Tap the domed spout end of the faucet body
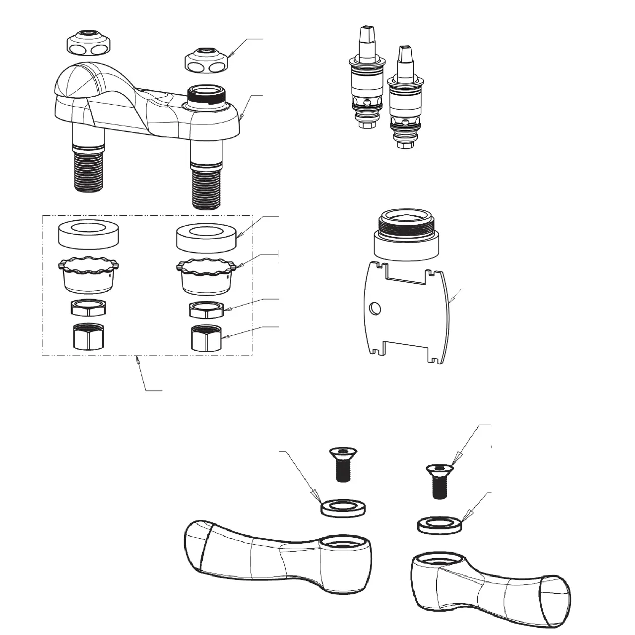pos(74,82)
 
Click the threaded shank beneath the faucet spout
pos(89,171)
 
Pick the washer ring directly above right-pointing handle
pos(440,525)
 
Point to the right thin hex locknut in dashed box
pos(206,310)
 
